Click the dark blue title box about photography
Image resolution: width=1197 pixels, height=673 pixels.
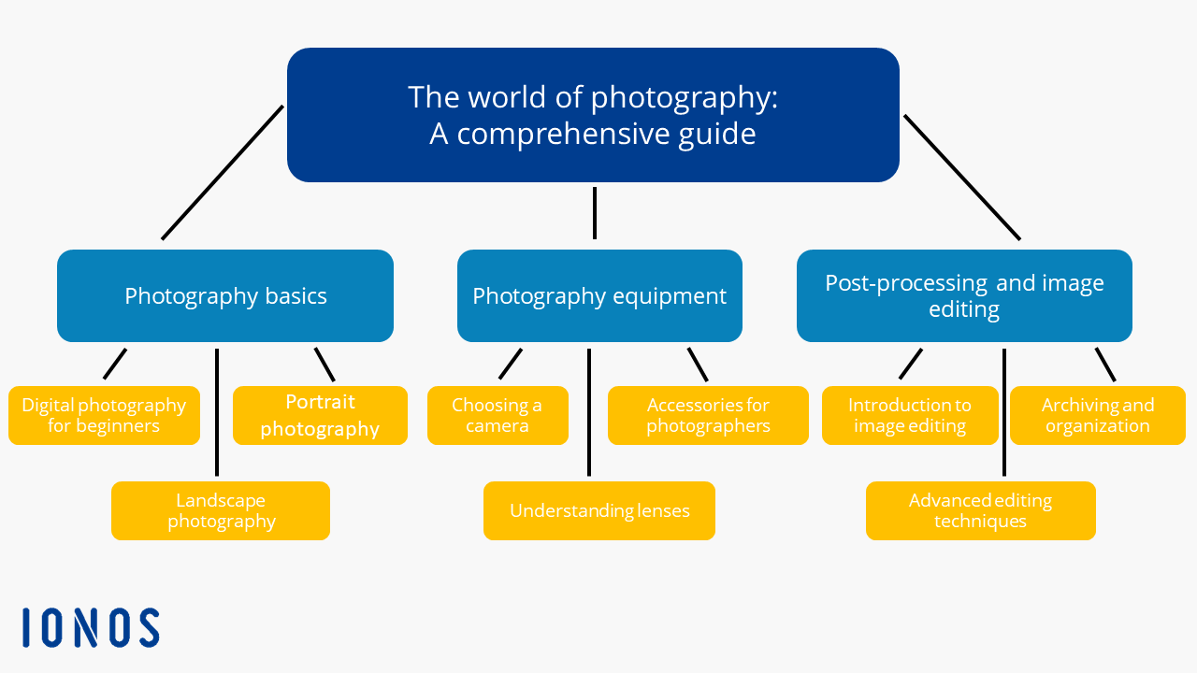click(593, 115)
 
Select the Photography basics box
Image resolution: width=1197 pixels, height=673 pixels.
click(225, 295)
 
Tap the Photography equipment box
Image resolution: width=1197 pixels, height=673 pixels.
click(599, 295)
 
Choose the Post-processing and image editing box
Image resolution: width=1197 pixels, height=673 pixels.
click(964, 295)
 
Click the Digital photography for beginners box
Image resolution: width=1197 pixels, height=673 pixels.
click(104, 415)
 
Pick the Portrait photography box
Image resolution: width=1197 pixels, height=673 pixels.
click(320, 415)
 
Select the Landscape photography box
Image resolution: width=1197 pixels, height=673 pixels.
click(221, 510)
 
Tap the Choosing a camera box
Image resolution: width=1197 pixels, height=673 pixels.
click(498, 415)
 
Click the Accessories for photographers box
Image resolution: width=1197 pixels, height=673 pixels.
click(708, 415)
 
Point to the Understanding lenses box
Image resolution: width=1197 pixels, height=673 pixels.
click(599, 510)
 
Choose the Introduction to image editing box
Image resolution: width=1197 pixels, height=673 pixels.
click(910, 415)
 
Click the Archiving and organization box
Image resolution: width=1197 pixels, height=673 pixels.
click(1098, 415)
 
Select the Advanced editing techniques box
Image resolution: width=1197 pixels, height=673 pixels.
click(981, 510)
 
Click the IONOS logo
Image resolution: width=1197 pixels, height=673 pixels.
click(91, 627)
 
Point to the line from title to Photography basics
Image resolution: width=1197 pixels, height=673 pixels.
click(223, 173)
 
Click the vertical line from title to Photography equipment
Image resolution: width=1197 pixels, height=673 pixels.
click(595, 213)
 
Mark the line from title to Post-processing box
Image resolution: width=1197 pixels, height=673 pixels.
click(962, 178)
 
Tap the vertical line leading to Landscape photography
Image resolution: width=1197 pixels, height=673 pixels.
click(217, 412)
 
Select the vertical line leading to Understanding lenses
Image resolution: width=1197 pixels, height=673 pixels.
click(589, 412)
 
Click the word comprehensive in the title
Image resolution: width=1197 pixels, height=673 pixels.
click(563, 134)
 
